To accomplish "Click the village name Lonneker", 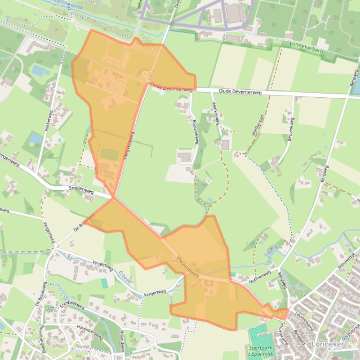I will click(328, 344).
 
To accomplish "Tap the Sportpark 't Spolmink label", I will click(260, 351).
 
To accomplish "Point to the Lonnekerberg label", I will click(306, 47).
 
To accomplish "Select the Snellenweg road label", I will click(81, 191).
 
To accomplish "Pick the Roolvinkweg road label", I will click(195, 132).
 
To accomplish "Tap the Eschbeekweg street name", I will click(71, 305).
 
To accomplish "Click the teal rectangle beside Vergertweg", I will click(104, 283).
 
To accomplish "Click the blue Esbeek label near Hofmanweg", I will click(270, 250).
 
